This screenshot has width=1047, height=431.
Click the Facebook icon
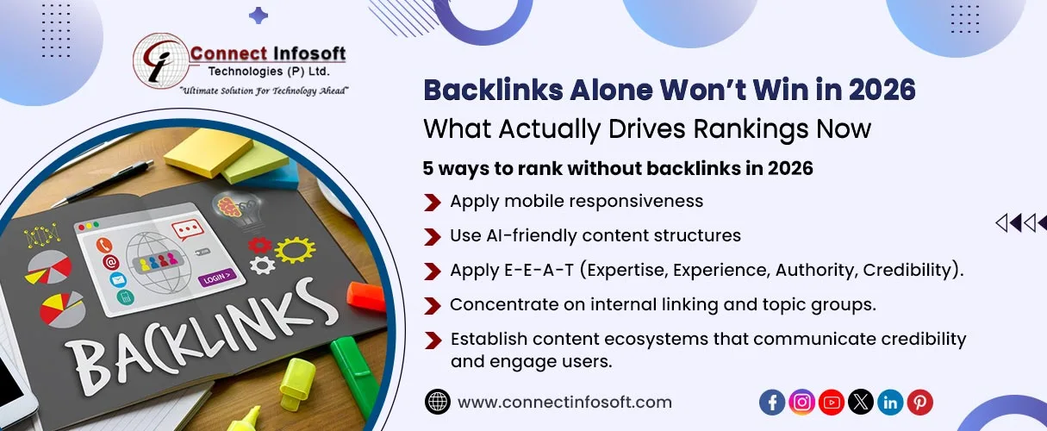pos(772,402)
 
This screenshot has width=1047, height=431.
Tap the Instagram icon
pos(801,402)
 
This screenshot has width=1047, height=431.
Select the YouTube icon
pos(832,402)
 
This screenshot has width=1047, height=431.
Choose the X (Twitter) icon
pos(861,402)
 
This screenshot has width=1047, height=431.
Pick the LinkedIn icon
pos(890,402)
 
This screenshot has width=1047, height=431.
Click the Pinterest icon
pos(920,402)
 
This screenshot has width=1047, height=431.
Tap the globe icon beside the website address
pos(438,402)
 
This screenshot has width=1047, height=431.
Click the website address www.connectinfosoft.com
pos(564,403)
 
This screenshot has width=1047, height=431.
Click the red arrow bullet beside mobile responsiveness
pos(433,202)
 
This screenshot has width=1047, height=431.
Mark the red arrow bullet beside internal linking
pos(433,305)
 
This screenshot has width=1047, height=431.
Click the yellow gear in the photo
pos(295,249)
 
